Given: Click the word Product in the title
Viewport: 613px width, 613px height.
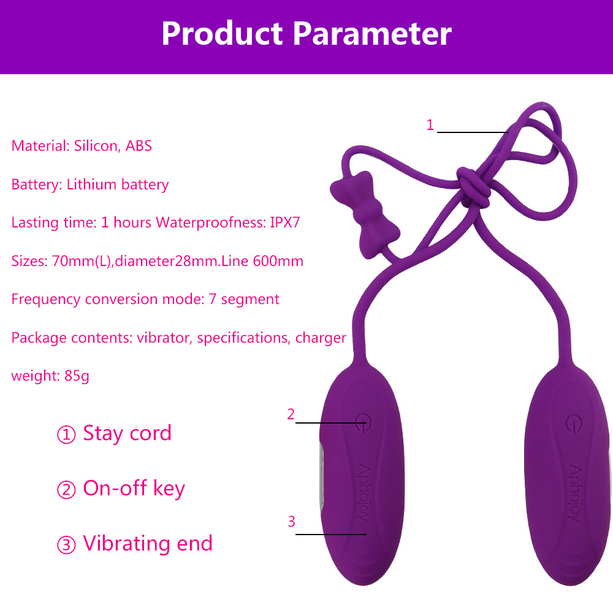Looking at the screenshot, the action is point(222,34).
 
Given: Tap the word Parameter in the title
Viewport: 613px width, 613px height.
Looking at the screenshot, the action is point(373,34).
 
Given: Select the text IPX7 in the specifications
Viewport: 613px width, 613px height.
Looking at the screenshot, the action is point(285,223).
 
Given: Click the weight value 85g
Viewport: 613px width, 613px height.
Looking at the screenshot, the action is point(77,376).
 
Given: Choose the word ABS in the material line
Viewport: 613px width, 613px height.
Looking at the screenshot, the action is point(139,146).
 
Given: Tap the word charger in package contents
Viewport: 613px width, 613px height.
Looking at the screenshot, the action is point(321,338).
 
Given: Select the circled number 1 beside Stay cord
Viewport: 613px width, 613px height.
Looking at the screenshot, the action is point(66,435).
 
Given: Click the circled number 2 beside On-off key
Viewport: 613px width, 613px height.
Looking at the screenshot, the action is point(66,490).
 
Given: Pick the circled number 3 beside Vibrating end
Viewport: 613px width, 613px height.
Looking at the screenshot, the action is point(66,545).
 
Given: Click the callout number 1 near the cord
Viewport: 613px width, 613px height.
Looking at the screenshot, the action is point(430,125).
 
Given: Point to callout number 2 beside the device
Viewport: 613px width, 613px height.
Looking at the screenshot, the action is point(291,414).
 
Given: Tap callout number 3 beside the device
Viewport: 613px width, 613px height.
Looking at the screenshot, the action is point(291,522).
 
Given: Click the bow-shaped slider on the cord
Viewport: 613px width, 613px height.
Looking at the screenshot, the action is point(364,214).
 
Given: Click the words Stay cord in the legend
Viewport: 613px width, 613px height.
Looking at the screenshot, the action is point(127,433).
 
